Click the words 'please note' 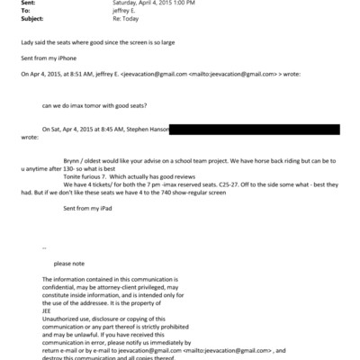coord(70,263)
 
